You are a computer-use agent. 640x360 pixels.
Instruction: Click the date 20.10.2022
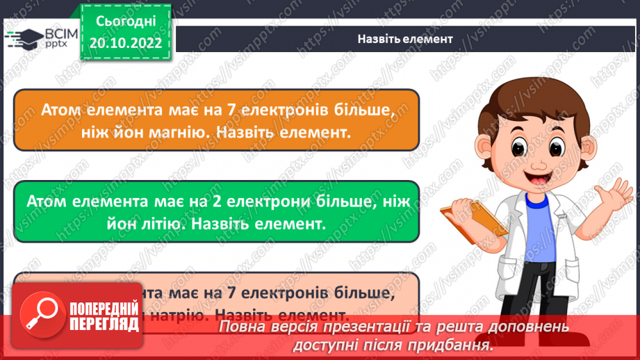tap(126, 44)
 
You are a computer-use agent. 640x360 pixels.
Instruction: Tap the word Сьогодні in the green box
tap(126, 23)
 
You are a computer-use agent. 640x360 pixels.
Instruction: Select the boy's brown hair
tap(525, 97)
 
